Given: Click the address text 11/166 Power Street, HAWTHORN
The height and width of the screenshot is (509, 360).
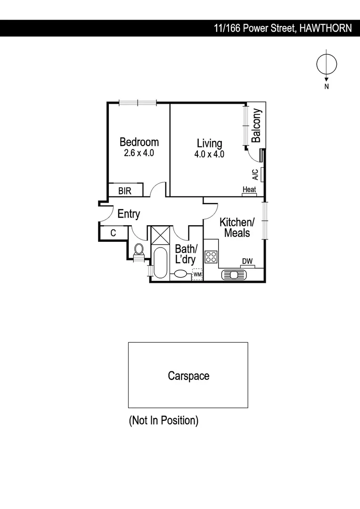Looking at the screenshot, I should (282, 28).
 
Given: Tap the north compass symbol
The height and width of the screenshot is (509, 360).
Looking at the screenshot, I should (326, 65).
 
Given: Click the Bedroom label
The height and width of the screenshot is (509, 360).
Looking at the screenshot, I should (139, 142).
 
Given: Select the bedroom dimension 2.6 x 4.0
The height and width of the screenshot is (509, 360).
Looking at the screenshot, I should (139, 153).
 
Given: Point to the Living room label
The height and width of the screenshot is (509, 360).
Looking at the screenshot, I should (209, 143).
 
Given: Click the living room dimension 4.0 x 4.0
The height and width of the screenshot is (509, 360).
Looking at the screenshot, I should (209, 154).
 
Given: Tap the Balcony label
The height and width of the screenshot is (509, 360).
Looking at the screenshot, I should (256, 125).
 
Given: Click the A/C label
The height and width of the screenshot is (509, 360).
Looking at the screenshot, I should (255, 175).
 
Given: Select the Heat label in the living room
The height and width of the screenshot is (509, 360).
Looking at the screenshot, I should (249, 189).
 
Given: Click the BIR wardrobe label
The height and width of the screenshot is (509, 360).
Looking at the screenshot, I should (124, 191).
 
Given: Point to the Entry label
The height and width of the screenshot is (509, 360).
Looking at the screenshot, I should (129, 214).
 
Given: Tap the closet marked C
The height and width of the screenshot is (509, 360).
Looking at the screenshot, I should (113, 233).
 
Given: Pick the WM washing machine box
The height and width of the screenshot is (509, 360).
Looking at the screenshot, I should (197, 274).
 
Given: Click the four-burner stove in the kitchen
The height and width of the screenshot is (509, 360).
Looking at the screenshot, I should (211, 257).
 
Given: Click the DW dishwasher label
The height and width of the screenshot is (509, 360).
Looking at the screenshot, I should (247, 261).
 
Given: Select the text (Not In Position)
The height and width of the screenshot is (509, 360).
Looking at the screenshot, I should (164, 420).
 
